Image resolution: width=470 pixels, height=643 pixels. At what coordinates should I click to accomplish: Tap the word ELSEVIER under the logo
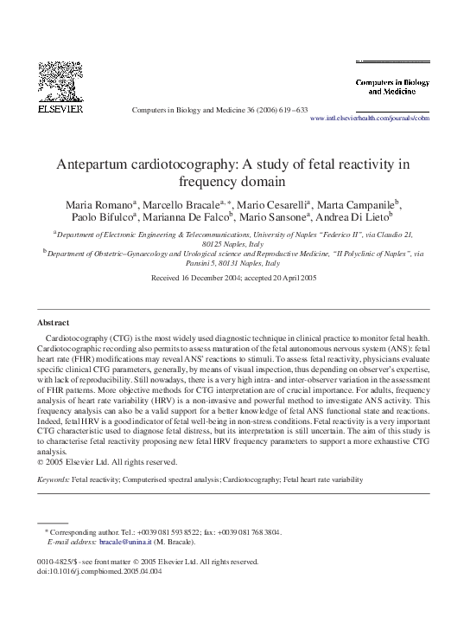coord(60,110)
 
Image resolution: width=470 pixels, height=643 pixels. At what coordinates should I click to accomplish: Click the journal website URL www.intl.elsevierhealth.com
coord(369,119)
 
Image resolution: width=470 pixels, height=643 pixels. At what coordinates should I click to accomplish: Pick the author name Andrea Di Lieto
coord(351,217)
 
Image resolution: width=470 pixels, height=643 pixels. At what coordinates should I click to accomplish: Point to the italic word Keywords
coord(53,478)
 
